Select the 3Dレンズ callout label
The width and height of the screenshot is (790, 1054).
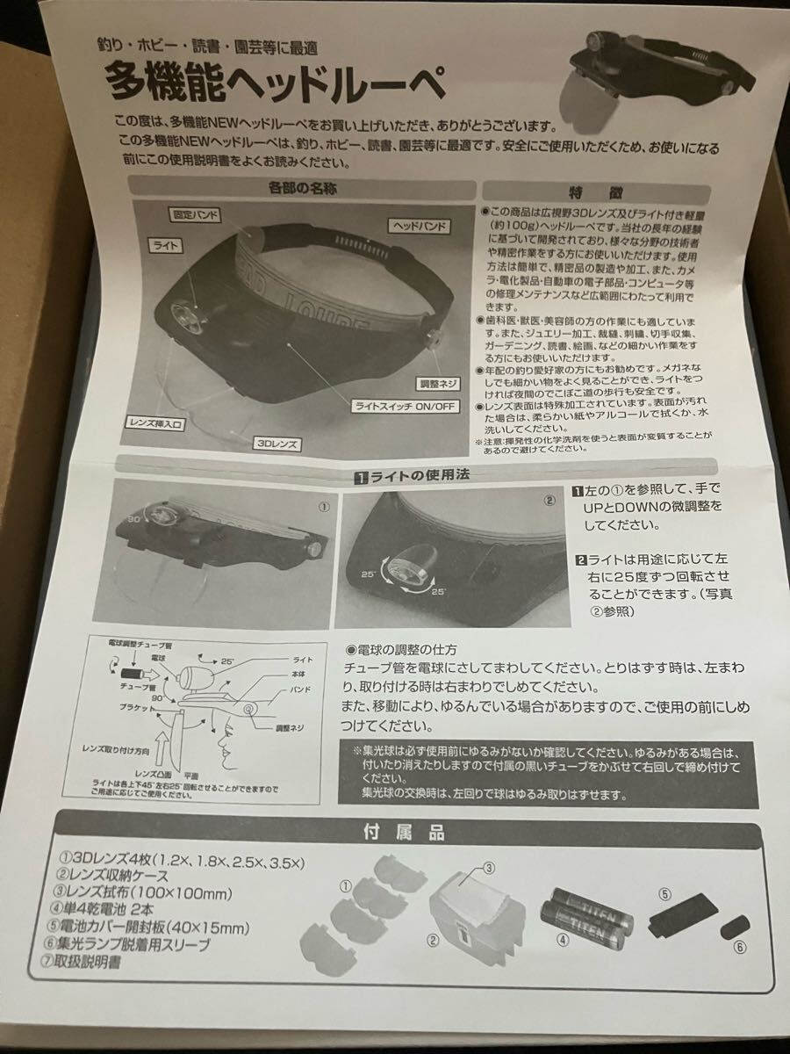(x=278, y=444)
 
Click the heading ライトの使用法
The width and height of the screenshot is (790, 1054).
(x=413, y=479)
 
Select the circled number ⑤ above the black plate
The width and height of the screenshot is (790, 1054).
(x=664, y=894)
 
